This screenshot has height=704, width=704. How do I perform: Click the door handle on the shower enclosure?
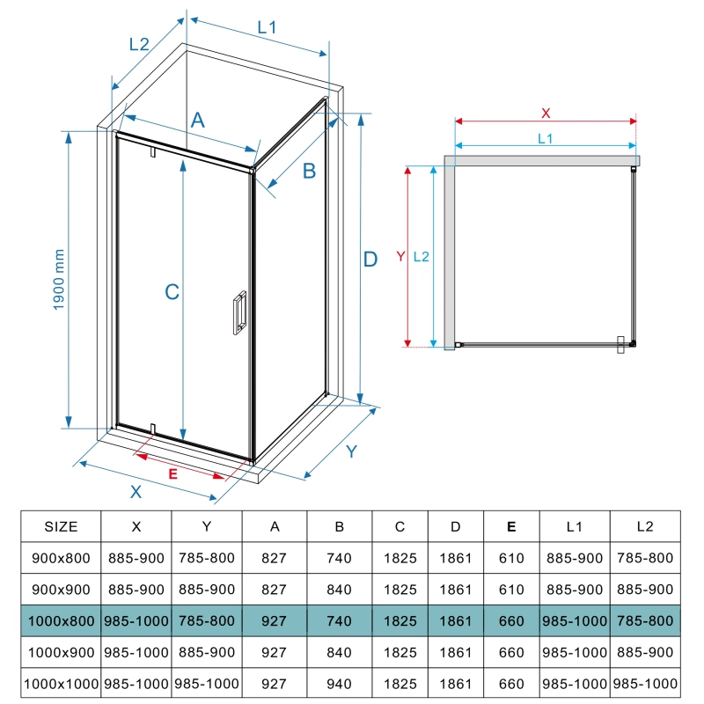[x=239, y=312]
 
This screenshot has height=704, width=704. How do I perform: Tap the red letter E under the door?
[x=172, y=473]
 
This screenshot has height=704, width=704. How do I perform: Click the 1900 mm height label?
[x=59, y=280]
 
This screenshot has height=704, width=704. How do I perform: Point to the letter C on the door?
[x=172, y=292]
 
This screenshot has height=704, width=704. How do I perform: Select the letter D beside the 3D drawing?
[x=370, y=259]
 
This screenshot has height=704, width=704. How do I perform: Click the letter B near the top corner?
[x=310, y=171]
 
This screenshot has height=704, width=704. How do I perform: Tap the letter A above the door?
[x=197, y=121]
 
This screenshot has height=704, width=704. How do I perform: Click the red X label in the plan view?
[x=546, y=114]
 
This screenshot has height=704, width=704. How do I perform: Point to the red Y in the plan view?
[x=401, y=256]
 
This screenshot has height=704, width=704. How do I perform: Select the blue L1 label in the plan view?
[x=545, y=138]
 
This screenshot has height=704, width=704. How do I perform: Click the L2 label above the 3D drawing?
[x=139, y=44]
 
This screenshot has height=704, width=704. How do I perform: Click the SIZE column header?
[x=61, y=526]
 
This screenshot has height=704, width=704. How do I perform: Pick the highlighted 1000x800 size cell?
[x=61, y=621]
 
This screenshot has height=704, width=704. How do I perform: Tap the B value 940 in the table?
[x=339, y=684]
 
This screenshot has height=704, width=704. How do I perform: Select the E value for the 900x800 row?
[x=511, y=558]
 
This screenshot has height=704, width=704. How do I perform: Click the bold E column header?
[x=511, y=526]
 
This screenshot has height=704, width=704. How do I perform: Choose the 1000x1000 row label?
[x=61, y=684]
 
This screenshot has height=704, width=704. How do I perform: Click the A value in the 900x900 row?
[x=274, y=590]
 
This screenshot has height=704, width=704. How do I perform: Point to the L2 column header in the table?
[x=645, y=526]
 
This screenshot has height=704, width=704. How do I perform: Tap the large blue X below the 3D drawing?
[x=136, y=492]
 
